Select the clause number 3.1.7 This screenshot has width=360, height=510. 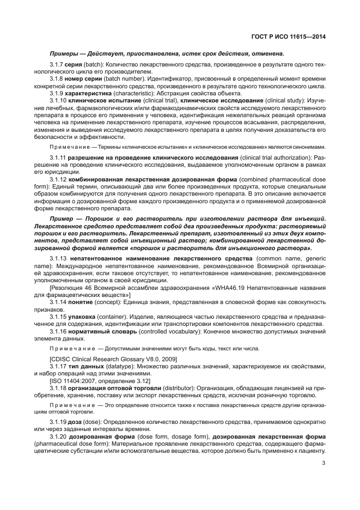coord(57,64)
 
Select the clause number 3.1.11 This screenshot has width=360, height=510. coord(58,157)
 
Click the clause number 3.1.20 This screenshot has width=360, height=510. coord(58,437)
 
